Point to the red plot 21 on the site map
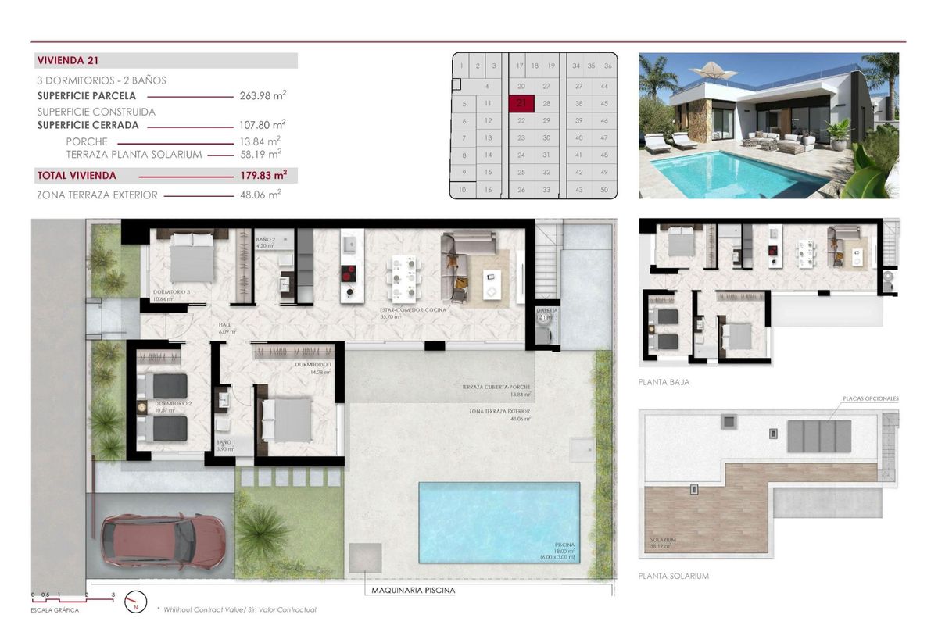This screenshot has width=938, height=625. (521, 102)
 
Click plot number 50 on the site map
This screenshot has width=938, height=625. (604, 190)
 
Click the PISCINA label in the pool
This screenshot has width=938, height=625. (564, 545)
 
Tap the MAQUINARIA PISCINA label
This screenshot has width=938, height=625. (413, 591)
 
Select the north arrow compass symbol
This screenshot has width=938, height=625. (136, 600)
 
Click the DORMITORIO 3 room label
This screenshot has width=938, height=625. (171, 292)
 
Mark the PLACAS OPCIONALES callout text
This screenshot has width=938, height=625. (870, 398)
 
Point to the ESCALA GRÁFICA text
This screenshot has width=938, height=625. (55, 609)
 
